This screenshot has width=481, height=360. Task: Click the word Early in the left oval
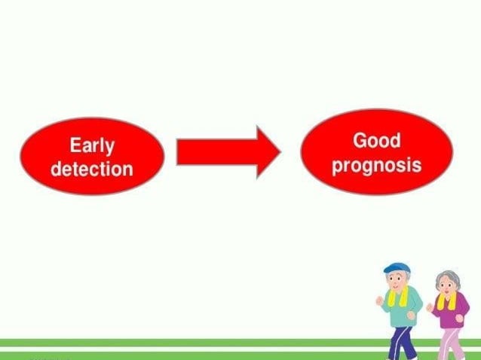point(91,145)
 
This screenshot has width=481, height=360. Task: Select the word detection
point(91,168)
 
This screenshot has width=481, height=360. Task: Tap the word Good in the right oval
point(376,141)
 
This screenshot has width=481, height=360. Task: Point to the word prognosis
point(376,165)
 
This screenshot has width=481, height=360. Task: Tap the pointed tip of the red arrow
point(278,152)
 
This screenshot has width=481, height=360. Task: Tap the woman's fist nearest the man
point(430,307)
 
